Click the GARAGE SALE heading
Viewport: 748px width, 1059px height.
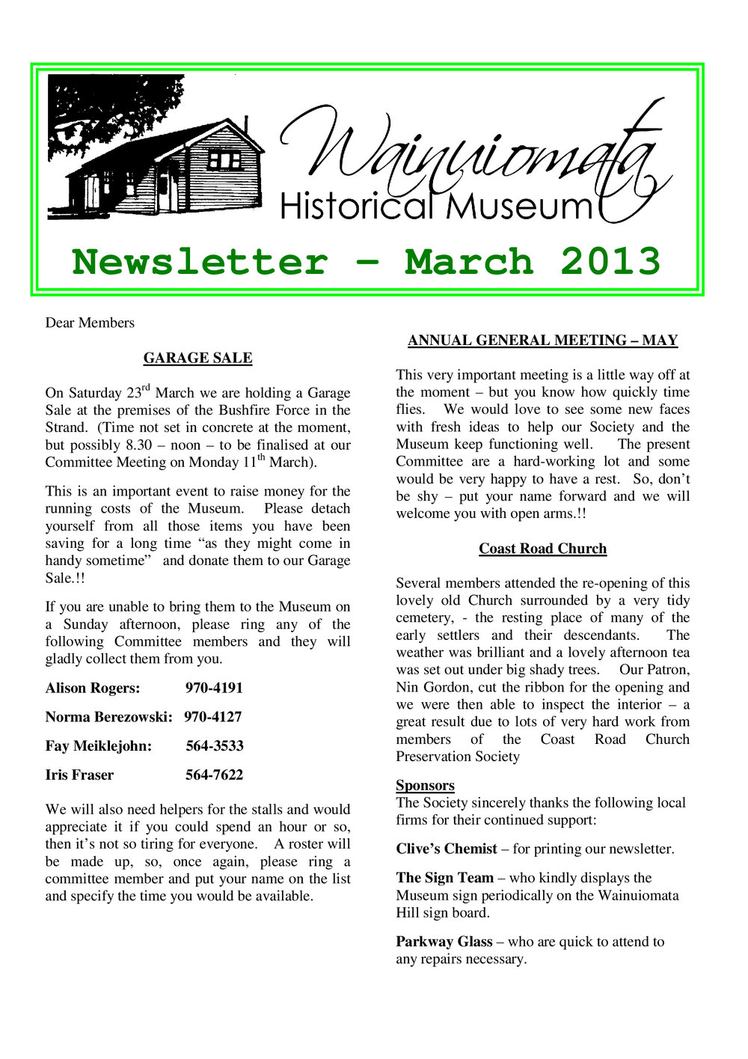click(x=197, y=358)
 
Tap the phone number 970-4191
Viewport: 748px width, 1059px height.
click(x=214, y=688)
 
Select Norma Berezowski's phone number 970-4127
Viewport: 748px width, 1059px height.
click(x=213, y=717)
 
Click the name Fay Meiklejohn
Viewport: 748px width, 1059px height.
click(x=98, y=746)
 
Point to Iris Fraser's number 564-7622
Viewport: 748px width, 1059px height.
click(x=214, y=775)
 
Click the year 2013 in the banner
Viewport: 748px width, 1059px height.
click(x=610, y=262)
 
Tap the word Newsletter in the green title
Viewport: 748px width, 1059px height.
click(x=200, y=262)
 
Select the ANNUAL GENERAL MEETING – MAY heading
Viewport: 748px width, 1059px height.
click(x=542, y=341)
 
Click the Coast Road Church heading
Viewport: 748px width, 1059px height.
click(x=542, y=549)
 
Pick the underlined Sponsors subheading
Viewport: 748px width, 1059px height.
click(x=425, y=785)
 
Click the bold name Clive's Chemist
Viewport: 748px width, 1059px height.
click(x=447, y=849)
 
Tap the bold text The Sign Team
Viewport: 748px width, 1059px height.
click(x=444, y=878)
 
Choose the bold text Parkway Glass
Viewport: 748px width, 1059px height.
click(x=444, y=941)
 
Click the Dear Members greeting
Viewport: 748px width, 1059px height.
click(x=90, y=323)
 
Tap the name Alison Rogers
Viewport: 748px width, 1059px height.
click(x=92, y=688)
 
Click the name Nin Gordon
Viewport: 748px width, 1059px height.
click(x=429, y=687)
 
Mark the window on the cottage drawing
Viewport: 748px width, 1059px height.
click(x=224, y=159)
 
